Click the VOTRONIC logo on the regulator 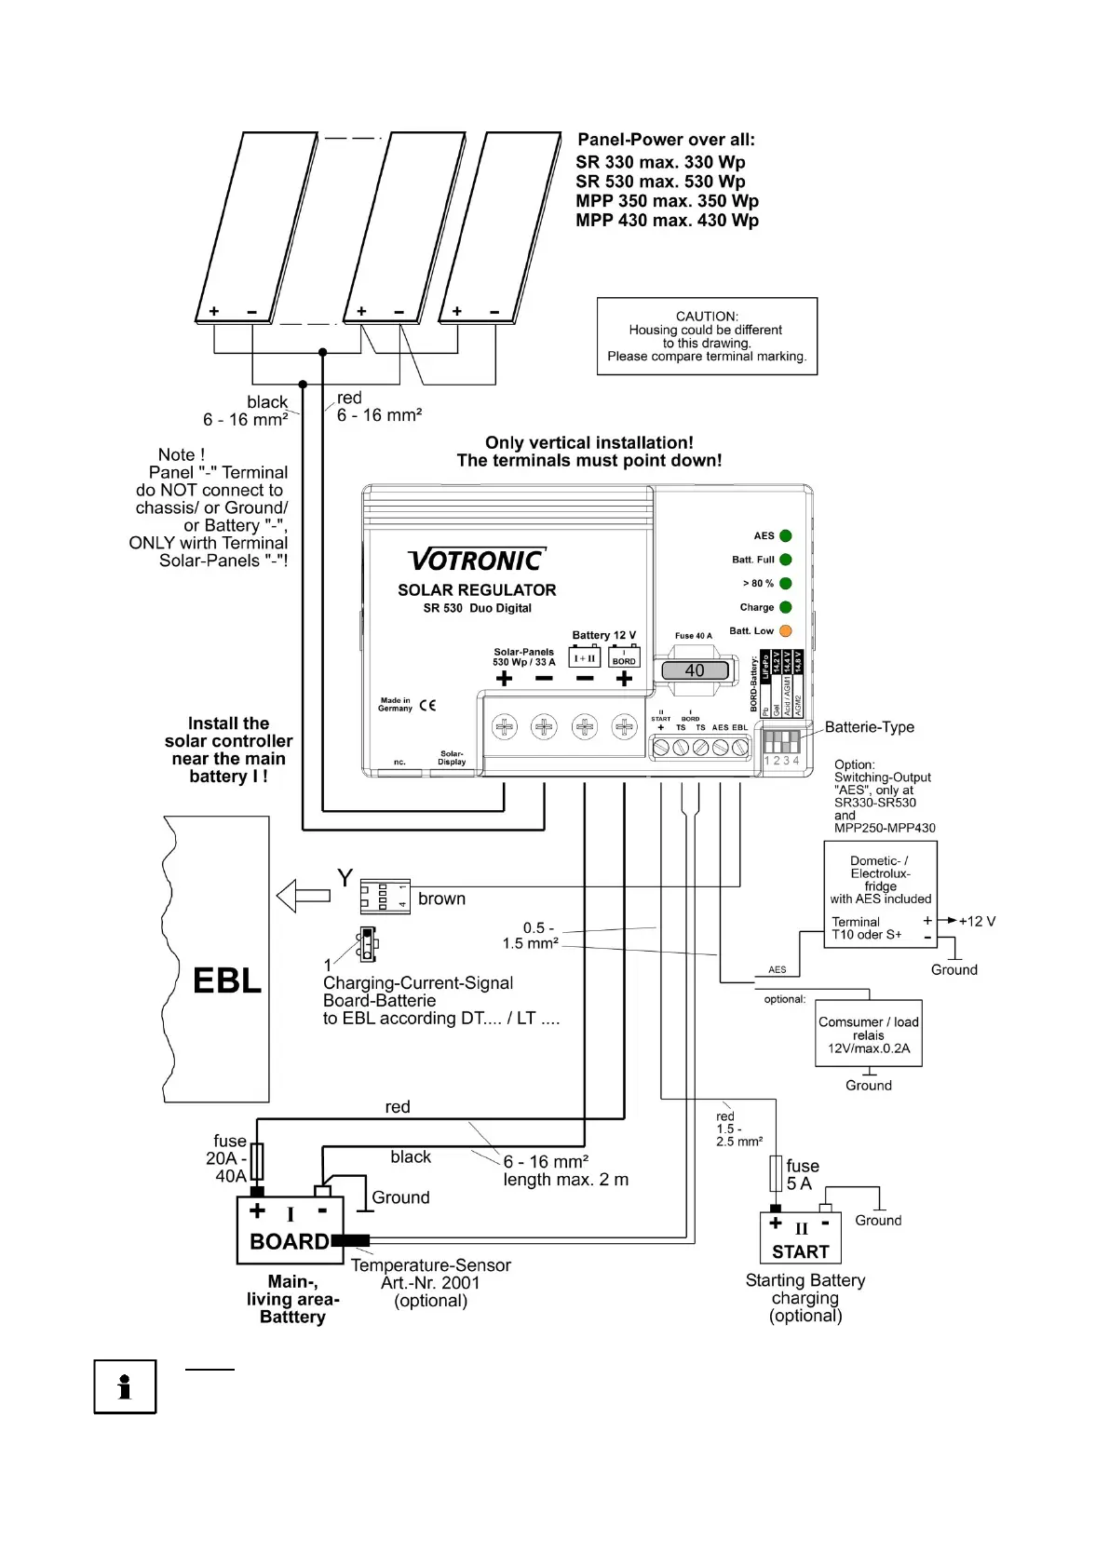476,560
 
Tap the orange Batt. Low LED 785,631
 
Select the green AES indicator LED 785,536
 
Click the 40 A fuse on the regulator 695,670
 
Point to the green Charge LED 785,607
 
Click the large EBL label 226,980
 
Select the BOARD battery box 291,1230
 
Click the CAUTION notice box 707,336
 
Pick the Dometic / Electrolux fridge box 880,894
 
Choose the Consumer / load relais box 868,1034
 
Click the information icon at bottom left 125,1386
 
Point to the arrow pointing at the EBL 304,896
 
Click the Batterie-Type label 869,727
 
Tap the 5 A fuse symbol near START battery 775,1174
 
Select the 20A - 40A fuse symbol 258,1161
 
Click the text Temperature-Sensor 430,1265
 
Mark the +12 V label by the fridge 977,921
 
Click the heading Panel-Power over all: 666,140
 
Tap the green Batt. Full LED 785,560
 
